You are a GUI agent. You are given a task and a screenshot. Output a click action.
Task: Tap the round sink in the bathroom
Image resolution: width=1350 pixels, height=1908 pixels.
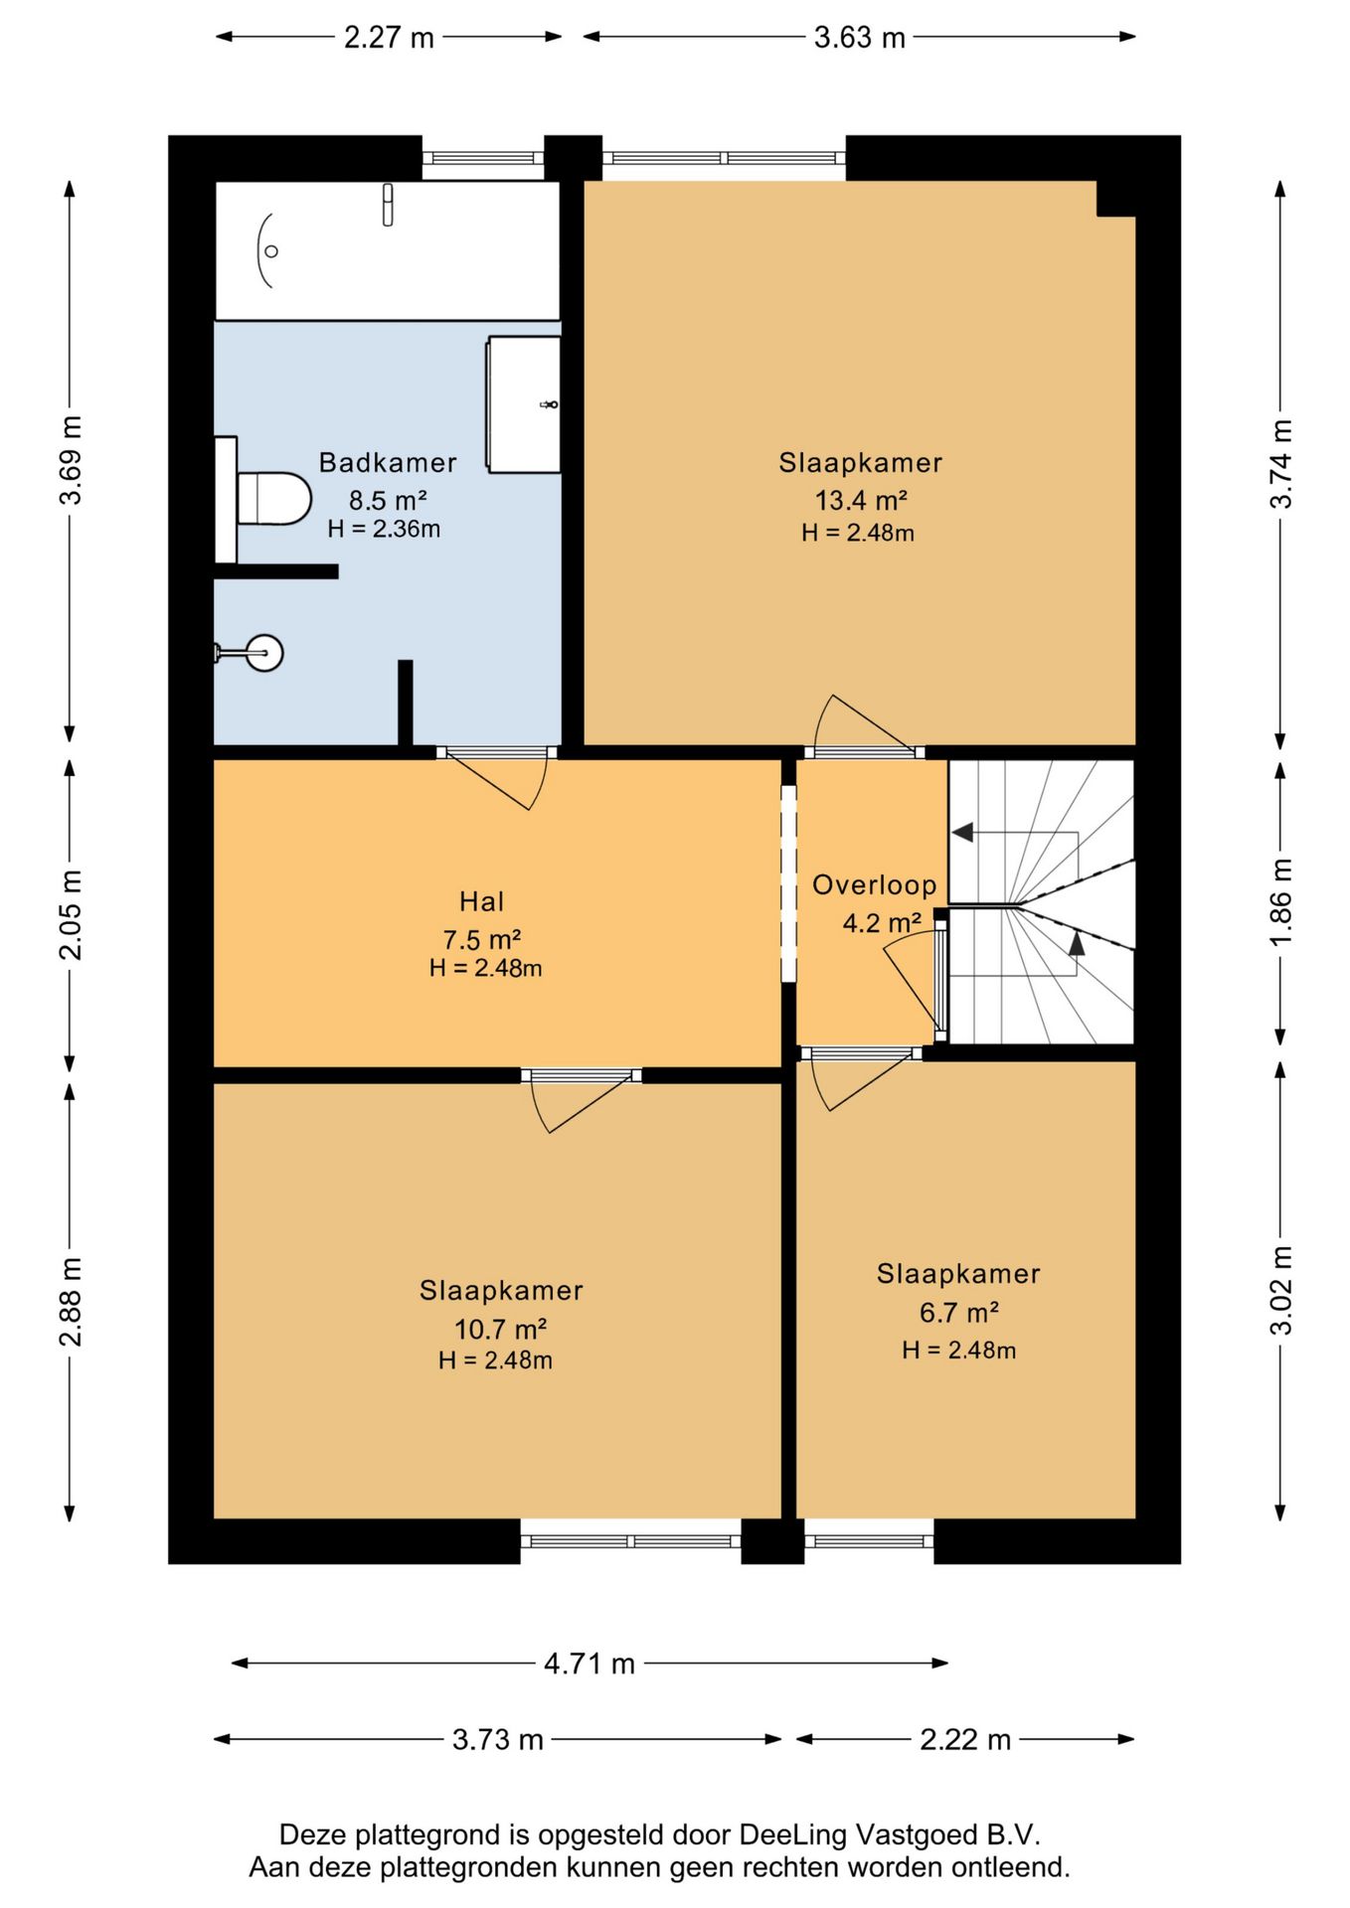(x=264, y=653)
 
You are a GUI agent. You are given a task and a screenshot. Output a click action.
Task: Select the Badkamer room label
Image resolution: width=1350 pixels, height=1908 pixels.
(x=388, y=462)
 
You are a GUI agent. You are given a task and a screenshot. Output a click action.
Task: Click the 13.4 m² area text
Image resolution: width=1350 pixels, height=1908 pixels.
(x=861, y=500)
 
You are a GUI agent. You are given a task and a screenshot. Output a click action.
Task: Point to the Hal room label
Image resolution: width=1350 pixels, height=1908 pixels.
(x=482, y=901)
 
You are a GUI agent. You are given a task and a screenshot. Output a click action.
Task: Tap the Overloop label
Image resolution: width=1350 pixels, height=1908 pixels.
(x=875, y=884)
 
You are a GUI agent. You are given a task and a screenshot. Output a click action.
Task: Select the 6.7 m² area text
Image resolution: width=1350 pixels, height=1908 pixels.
(x=958, y=1313)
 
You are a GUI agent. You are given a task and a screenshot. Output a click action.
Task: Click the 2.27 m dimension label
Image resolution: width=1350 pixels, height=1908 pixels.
(x=389, y=38)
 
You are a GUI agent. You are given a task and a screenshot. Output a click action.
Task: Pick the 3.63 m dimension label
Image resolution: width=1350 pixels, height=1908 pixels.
(x=860, y=38)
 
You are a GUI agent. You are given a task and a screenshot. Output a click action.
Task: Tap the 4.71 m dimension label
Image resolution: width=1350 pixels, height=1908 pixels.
(x=590, y=1664)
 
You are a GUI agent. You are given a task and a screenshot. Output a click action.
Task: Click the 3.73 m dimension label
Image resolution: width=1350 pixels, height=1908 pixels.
(x=497, y=1739)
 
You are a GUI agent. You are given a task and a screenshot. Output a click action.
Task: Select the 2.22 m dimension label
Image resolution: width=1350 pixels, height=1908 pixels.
(x=965, y=1739)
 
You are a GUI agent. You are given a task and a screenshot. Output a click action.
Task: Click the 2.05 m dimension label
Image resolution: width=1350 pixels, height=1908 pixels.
(x=71, y=914)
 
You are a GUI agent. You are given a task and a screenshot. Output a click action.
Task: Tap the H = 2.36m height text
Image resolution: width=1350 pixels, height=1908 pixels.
(x=384, y=529)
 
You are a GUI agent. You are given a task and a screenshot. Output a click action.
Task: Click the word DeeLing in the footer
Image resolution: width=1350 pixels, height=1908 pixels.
(x=792, y=1834)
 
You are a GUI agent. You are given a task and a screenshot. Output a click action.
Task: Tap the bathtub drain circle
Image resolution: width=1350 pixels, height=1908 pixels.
(x=271, y=251)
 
